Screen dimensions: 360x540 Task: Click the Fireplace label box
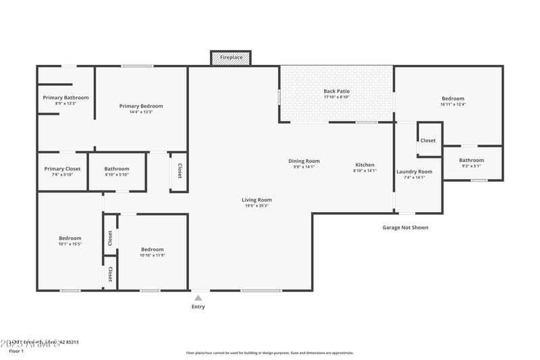click(x=231, y=58)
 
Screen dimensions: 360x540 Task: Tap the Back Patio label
click(x=336, y=91)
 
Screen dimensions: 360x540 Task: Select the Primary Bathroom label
click(x=65, y=98)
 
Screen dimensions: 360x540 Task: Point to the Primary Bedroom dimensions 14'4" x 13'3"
click(x=141, y=112)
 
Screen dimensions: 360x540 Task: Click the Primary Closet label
click(x=62, y=169)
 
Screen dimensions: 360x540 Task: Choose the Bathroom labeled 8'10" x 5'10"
click(x=117, y=169)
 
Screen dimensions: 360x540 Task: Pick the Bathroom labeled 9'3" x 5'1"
click(x=472, y=160)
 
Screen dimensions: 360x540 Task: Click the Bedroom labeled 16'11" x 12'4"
click(x=453, y=99)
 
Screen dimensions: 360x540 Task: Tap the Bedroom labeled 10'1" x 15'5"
click(x=70, y=238)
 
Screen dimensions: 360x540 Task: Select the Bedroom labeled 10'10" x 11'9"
click(x=151, y=250)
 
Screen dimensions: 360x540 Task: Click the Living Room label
click(x=256, y=200)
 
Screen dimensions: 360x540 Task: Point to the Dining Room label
click(x=304, y=161)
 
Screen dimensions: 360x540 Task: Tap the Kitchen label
click(x=364, y=165)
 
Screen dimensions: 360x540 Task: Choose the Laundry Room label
click(x=414, y=172)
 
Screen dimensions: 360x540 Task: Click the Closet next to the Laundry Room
click(x=428, y=140)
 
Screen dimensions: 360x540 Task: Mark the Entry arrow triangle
click(x=198, y=297)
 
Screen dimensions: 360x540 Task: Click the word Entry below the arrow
click(x=198, y=307)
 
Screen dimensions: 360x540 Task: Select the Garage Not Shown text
click(x=405, y=228)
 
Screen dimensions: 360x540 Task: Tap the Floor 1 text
click(x=16, y=351)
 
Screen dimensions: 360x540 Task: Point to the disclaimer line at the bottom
click(x=269, y=353)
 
